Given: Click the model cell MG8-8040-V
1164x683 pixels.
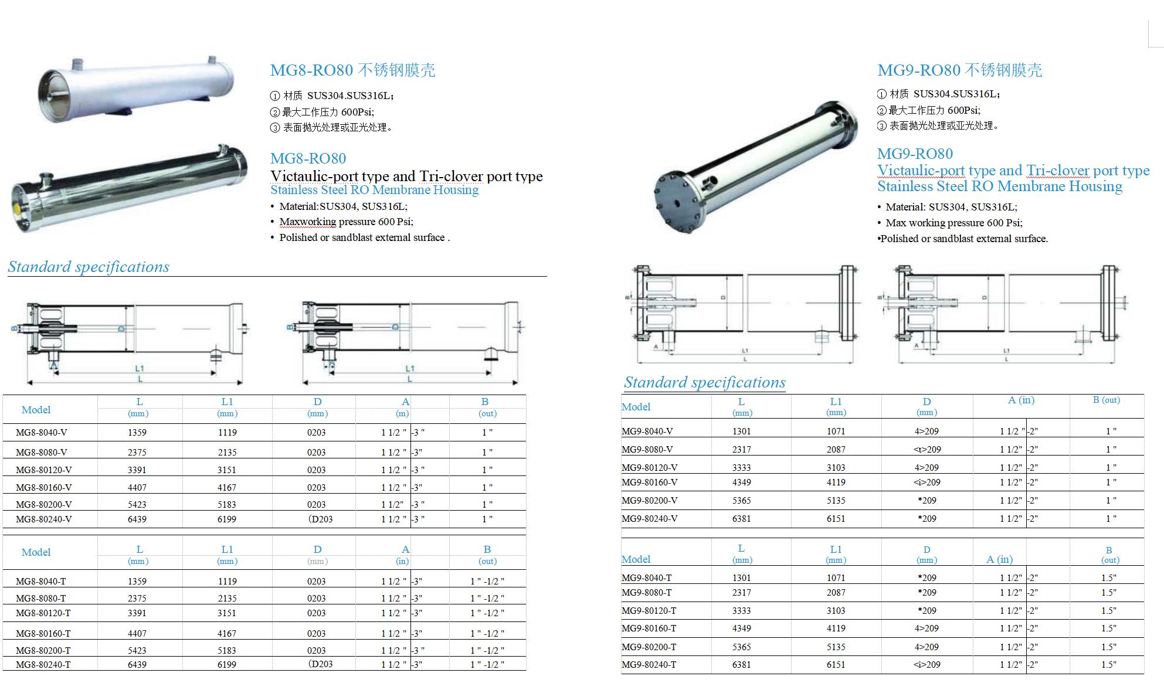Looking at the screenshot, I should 42,433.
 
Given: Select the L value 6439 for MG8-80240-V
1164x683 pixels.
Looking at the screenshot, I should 137,519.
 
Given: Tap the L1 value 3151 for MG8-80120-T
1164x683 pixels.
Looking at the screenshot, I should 227,613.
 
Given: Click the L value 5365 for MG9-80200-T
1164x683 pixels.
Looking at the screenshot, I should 741,647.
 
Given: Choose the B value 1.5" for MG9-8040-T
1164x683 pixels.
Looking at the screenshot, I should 1108,578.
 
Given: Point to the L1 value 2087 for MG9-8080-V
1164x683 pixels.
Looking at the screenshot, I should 836,450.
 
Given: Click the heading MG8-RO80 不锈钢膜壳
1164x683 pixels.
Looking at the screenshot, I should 352,70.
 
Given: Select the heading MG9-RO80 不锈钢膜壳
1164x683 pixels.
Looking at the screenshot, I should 959,70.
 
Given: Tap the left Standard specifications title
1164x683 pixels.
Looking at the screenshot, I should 89,267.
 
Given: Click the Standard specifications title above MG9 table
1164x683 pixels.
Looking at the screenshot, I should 704,382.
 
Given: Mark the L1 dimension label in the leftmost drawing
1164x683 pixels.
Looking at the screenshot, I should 140,368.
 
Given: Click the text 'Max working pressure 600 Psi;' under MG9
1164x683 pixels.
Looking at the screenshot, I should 954,223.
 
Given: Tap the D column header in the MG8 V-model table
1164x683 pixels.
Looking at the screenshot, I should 317,402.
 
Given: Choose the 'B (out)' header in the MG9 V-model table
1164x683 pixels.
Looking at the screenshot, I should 1106,400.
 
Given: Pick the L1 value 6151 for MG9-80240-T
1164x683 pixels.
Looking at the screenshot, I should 836,665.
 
